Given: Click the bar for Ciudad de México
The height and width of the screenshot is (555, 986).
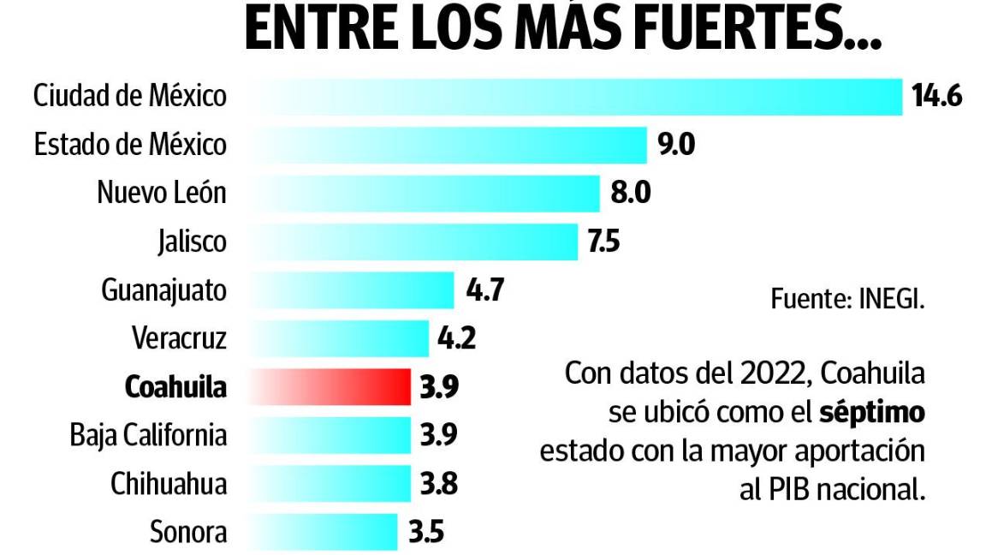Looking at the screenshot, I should [575, 96].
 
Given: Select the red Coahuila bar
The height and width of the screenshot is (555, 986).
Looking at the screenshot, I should [330, 387].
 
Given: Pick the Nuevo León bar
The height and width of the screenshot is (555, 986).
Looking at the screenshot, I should [424, 193].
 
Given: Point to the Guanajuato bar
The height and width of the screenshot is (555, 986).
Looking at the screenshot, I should [351, 290].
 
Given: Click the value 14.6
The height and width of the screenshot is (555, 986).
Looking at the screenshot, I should [936, 96].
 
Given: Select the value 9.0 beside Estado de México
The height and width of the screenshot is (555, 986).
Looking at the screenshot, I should [675, 145].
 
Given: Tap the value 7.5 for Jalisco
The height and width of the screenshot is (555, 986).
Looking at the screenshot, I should [603, 242].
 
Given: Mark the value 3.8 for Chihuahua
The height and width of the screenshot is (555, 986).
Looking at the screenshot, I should [438, 484].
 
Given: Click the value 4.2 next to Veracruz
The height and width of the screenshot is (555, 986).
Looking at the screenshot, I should [456, 338].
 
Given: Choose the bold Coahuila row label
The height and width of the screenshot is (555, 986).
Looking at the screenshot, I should [175, 387].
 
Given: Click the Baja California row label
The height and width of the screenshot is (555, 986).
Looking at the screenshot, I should [148, 435].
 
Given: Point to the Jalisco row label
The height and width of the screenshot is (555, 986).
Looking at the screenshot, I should [192, 242].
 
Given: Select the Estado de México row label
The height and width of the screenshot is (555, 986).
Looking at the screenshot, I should [130, 145].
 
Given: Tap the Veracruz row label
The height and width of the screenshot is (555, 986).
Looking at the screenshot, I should [179, 338].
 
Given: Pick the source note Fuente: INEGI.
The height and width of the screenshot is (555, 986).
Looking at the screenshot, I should [848, 300].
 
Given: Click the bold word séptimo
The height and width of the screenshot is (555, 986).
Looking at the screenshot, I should [872, 412].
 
